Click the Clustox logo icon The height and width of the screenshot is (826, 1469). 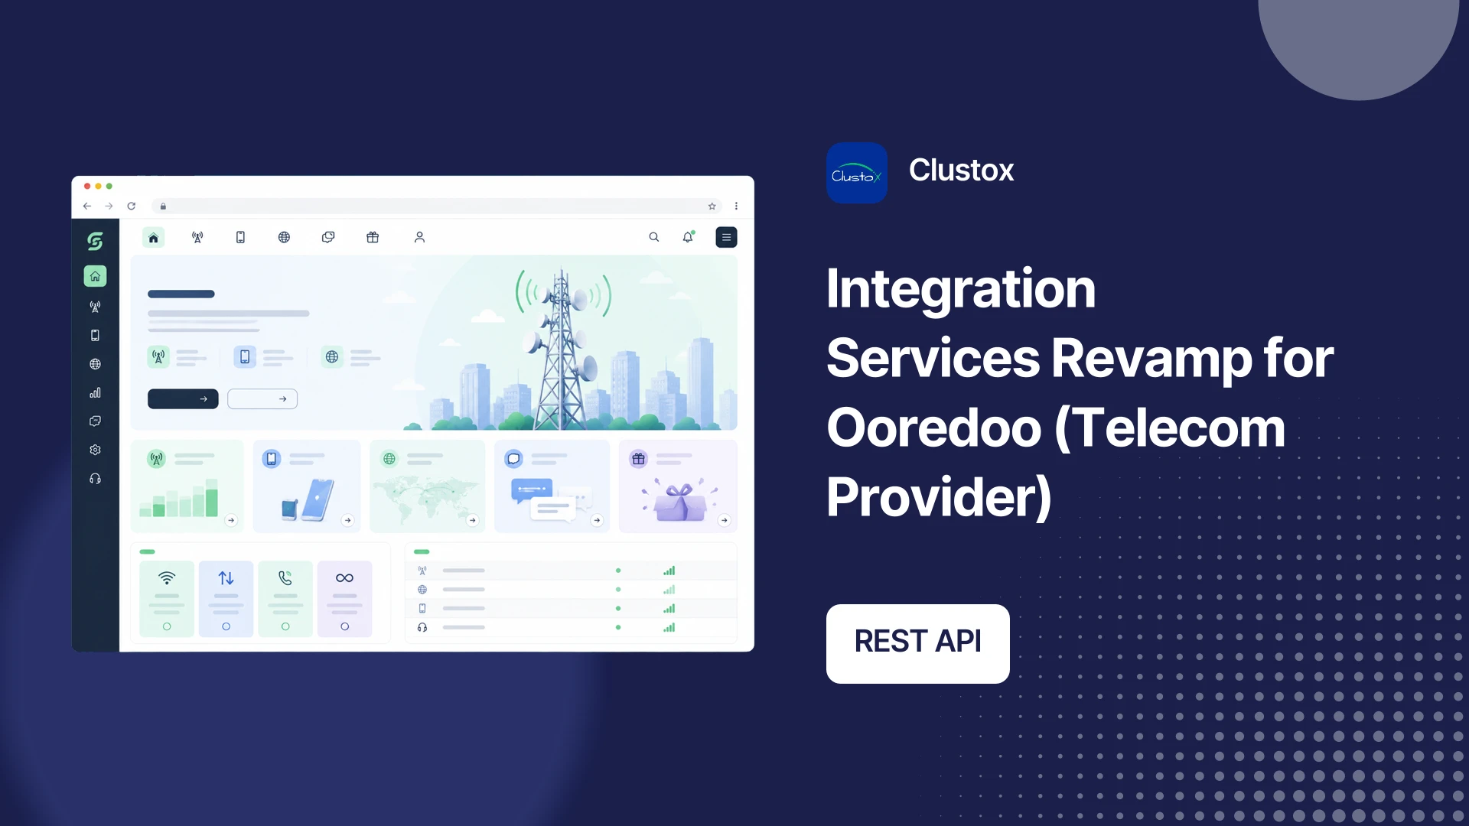tap(857, 173)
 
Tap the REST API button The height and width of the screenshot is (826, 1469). tap(918, 643)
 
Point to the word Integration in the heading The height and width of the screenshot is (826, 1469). tap(961, 289)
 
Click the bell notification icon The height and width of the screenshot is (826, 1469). tap(688, 237)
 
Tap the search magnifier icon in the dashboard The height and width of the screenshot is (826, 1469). tap(654, 237)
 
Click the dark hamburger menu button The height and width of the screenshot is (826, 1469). tap(726, 237)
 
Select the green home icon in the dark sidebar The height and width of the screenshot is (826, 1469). tap(95, 276)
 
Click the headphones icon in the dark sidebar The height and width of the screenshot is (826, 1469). tap(95, 479)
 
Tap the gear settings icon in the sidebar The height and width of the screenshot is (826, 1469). tap(95, 450)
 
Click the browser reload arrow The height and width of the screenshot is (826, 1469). tap(132, 206)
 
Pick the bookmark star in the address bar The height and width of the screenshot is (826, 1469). tap(712, 206)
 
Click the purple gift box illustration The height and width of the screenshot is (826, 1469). tap(679, 501)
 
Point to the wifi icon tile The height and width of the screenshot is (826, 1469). tap(167, 599)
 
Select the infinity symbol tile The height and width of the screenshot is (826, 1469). tap(344, 599)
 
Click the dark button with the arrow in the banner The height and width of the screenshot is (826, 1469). tap(183, 398)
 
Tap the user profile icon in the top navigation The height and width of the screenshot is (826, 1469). tap(419, 237)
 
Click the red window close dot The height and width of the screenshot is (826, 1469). tap(87, 186)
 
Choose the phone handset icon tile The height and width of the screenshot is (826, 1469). tap(285, 599)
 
